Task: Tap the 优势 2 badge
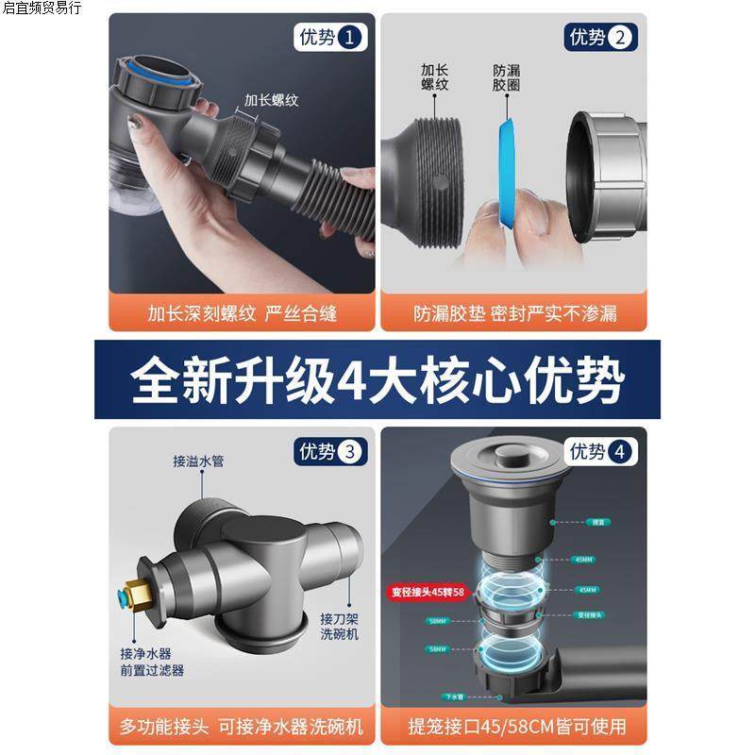pos(599,38)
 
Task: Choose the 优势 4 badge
pos(599,452)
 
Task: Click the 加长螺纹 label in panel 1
pos(271,99)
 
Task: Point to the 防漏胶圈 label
pos(507,77)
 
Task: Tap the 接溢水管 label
pos(198,461)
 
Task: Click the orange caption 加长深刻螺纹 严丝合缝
pos(242,312)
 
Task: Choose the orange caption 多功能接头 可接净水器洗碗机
pos(242,727)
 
